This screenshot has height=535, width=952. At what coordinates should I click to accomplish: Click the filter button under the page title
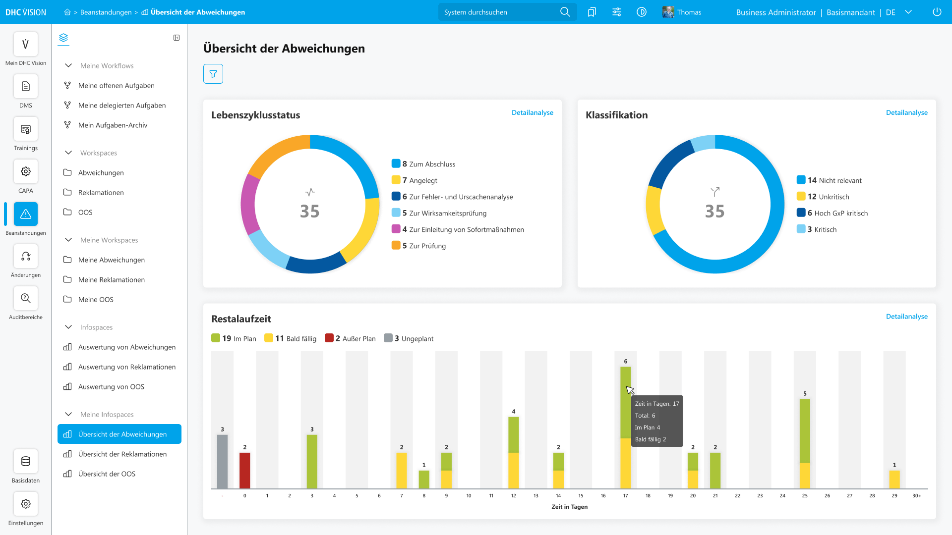[x=213, y=74]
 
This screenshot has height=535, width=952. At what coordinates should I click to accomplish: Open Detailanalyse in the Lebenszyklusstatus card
[x=533, y=112]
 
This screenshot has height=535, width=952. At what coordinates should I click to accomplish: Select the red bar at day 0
[x=245, y=471]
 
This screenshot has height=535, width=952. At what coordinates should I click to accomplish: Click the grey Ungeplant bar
[x=223, y=462]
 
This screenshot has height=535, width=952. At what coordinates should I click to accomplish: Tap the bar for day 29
[x=894, y=480]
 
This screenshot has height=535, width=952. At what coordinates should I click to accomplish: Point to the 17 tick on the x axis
[x=626, y=495]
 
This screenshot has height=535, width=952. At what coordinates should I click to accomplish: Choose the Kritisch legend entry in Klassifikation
[x=817, y=229]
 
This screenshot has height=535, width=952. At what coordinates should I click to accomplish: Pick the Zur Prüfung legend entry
[x=419, y=246]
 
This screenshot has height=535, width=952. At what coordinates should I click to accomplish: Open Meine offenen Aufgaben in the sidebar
[x=117, y=86]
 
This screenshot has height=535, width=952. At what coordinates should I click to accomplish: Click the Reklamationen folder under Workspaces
[x=101, y=193]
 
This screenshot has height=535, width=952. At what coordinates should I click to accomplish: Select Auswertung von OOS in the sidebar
[x=111, y=387]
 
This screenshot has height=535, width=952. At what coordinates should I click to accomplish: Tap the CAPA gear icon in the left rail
[x=26, y=171]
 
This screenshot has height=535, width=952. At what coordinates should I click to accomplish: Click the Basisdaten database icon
[x=26, y=461]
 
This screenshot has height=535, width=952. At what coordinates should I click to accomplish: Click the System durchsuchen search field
[x=501, y=12]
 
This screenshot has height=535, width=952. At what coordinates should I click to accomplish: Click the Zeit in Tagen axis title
[x=570, y=507]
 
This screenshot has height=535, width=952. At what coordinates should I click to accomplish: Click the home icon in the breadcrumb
[x=67, y=12]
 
